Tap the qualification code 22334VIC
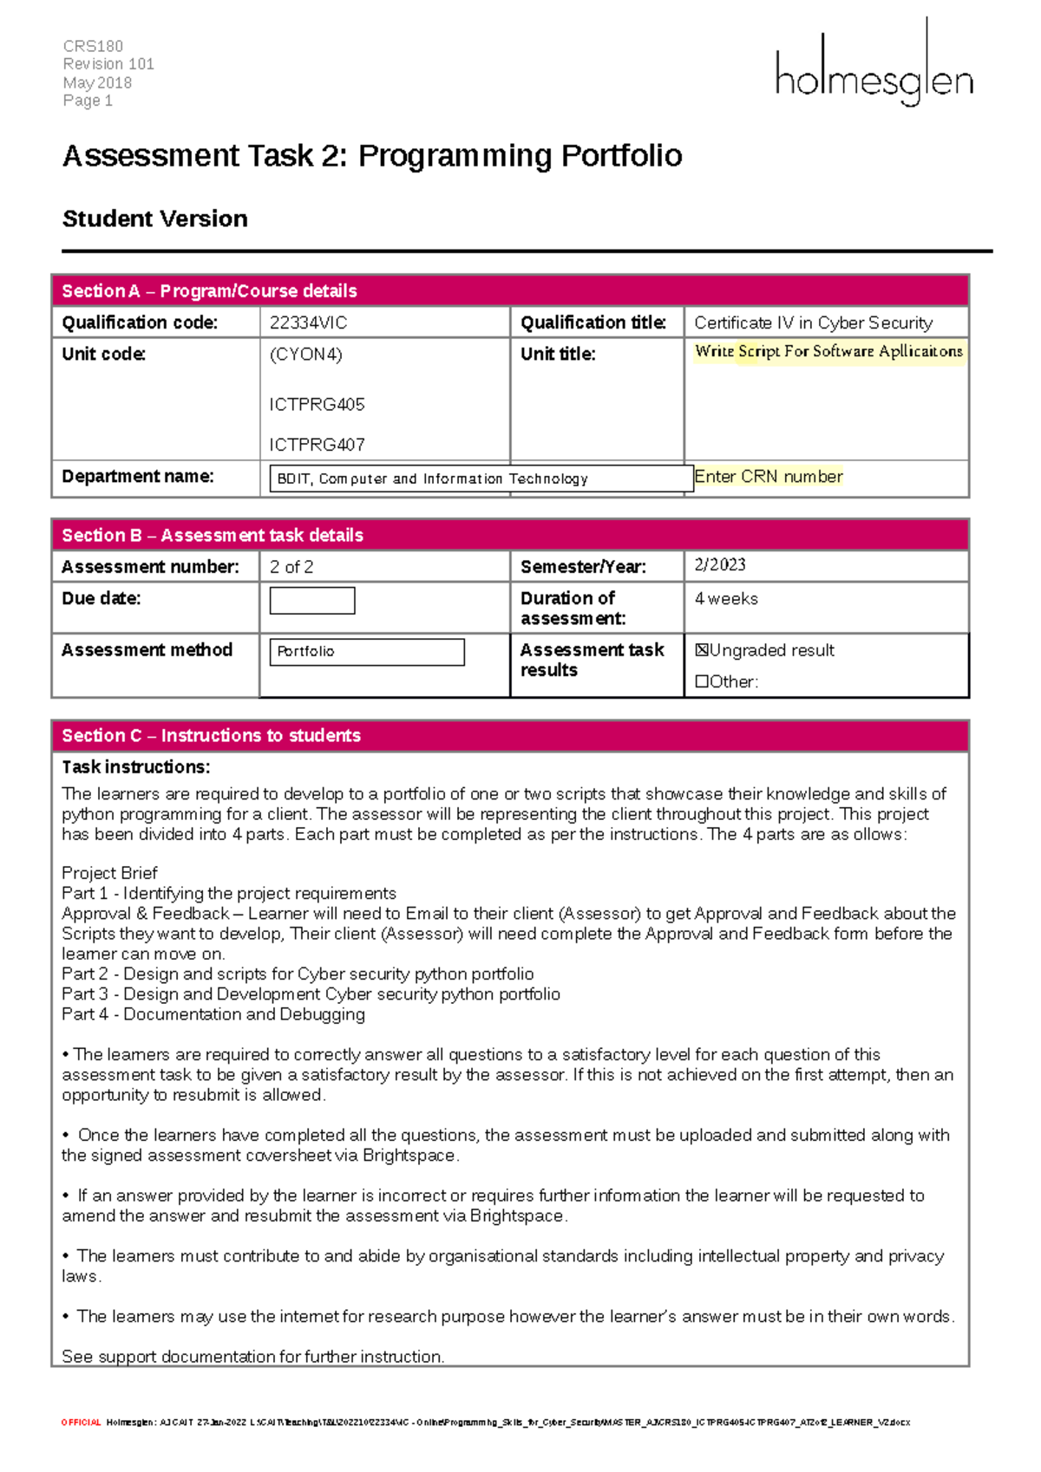tap(308, 323)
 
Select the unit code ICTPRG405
tap(317, 405)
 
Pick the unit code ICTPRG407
tap(317, 445)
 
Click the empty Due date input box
tap(312, 601)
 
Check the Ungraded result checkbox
tap(702, 650)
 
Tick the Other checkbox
tap(702, 682)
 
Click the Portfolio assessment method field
tap(367, 652)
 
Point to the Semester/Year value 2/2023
tap(720, 565)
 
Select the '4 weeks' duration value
tap(726, 599)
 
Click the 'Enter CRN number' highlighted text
tap(768, 477)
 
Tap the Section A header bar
tap(510, 291)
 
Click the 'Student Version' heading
tap(155, 219)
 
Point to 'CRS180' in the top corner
tap(93, 46)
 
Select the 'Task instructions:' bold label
tap(135, 767)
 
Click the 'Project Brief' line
tap(109, 873)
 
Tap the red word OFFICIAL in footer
tap(81, 1423)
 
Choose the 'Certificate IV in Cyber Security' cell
tap(813, 323)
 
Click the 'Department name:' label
tap(137, 477)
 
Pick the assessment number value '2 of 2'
tap(291, 567)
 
